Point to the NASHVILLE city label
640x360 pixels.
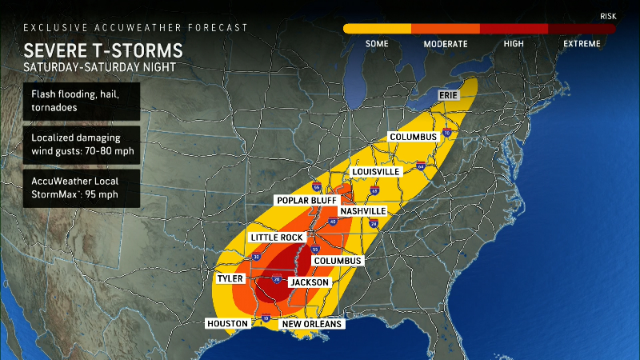(x=362, y=211)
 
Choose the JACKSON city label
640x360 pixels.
(x=309, y=282)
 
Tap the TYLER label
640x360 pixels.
(x=230, y=278)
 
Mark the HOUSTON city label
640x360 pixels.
(x=226, y=323)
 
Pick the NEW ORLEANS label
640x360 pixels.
(x=312, y=324)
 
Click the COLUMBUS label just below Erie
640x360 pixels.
(x=413, y=137)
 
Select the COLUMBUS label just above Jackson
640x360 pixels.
(x=337, y=261)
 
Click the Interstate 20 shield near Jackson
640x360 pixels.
(x=277, y=280)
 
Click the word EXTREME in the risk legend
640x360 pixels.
(x=581, y=43)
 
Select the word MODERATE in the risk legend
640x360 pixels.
(x=446, y=43)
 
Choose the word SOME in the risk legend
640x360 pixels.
(x=377, y=43)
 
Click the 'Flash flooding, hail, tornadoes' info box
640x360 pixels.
(x=82, y=102)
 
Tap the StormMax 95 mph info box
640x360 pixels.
(x=82, y=187)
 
